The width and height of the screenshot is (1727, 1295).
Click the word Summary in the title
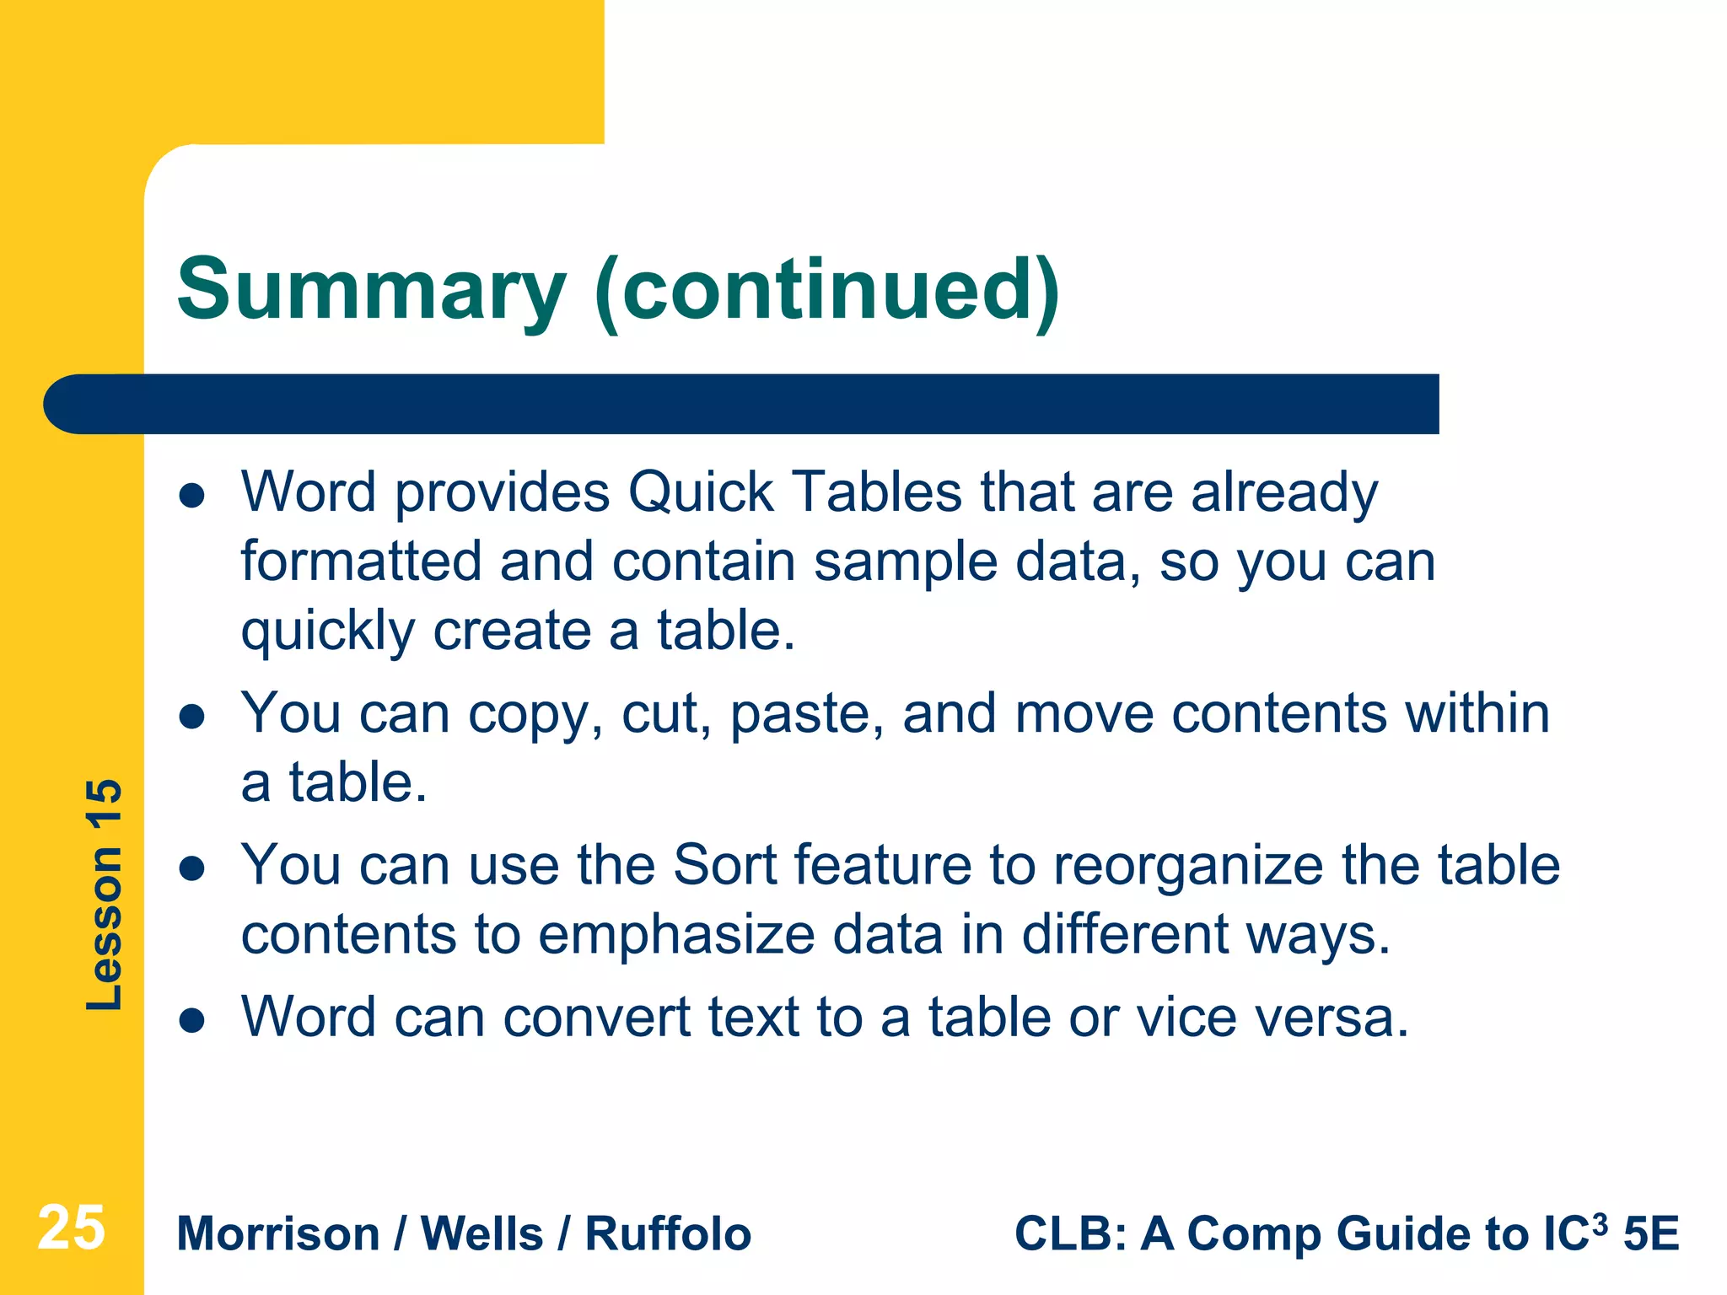[371, 291]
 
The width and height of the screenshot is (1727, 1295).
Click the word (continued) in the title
[826, 291]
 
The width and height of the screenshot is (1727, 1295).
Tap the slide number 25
[71, 1228]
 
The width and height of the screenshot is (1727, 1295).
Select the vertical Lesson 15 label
[105, 895]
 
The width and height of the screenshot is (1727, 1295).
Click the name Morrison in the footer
[278, 1234]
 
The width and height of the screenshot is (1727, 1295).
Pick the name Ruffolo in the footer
[668, 1234]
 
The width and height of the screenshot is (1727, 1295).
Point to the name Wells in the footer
[482, 1234]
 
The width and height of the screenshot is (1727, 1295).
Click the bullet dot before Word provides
[192, 496]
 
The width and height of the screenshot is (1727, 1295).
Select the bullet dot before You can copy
[192, 717]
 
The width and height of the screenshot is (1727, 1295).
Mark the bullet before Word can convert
[192, 1021]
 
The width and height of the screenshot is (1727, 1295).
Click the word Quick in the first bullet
[701, 492]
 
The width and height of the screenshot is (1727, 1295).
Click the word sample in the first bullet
[906, 562]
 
